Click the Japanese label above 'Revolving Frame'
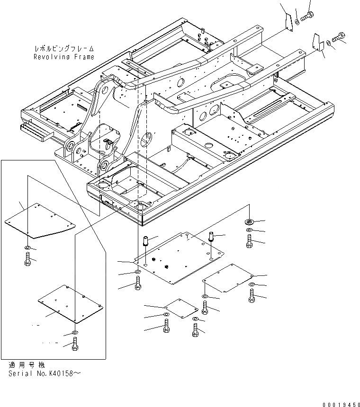64,49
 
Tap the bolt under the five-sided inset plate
27,258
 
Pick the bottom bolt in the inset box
74,346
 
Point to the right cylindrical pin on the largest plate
212,236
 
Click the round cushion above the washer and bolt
249,221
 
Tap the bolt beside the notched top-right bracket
340,36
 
